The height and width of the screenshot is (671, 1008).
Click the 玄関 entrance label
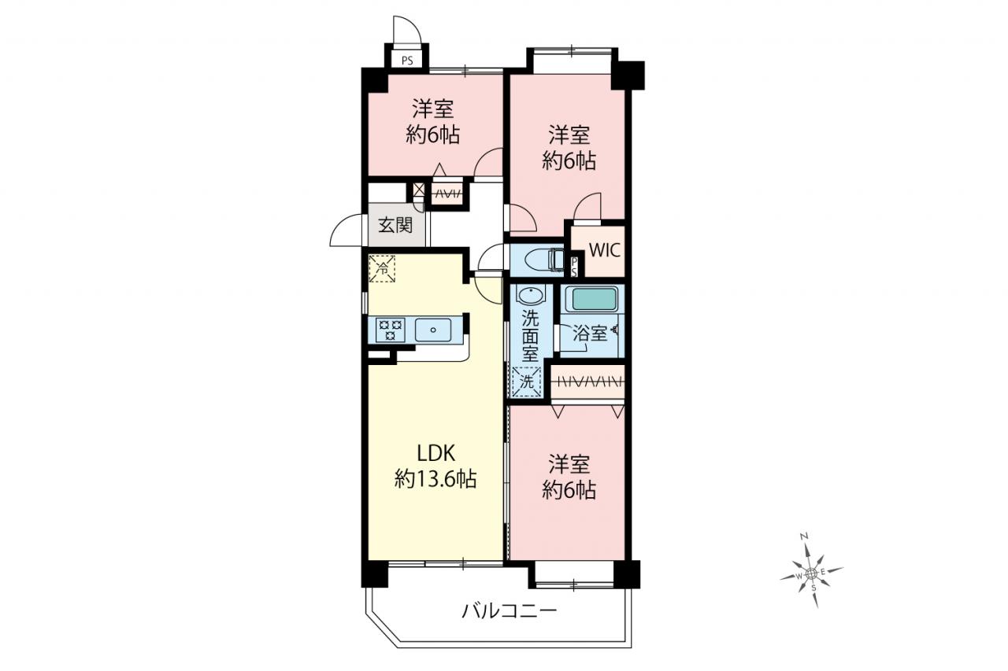point(395,225)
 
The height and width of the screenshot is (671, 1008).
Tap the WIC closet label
point(604,250)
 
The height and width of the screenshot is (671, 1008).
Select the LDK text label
point(436,453)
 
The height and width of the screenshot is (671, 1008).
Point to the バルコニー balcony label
point(510,611)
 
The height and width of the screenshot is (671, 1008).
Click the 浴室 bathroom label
point(589,334)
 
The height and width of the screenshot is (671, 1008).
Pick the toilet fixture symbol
point(544,260)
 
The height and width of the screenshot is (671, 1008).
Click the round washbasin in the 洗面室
point(530,296)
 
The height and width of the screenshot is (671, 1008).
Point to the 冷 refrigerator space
point(382,269)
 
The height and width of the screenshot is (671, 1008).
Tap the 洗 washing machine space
point(527,382)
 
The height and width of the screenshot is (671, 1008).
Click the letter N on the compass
point(804,536)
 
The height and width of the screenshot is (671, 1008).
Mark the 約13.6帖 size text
point(435,479)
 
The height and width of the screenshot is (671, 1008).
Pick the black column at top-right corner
point(628,76)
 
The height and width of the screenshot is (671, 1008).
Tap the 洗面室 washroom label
point(530,336)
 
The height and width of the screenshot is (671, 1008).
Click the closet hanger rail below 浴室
point(587,382)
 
